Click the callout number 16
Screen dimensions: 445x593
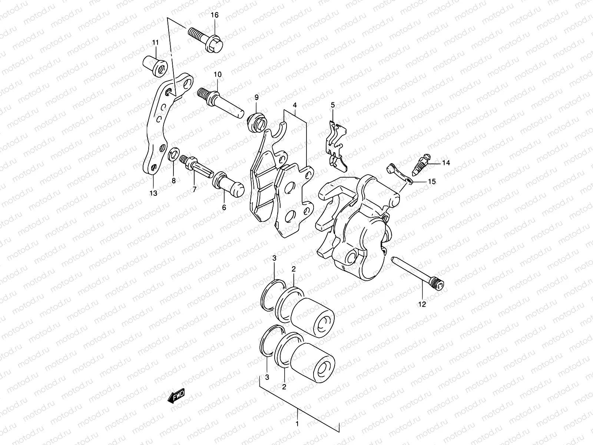[215, 15]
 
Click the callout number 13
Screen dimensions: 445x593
[153, 193]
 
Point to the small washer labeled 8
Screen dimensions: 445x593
[173, 155]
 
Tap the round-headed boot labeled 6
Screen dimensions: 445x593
[228, 184]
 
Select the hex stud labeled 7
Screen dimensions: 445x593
[196, 167]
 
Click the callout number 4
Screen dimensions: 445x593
[295, 105]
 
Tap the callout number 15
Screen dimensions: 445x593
[432, 182]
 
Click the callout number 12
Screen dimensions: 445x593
[422, 304]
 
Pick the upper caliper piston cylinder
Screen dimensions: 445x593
[313, 317]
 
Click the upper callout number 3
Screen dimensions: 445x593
[274, 258]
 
